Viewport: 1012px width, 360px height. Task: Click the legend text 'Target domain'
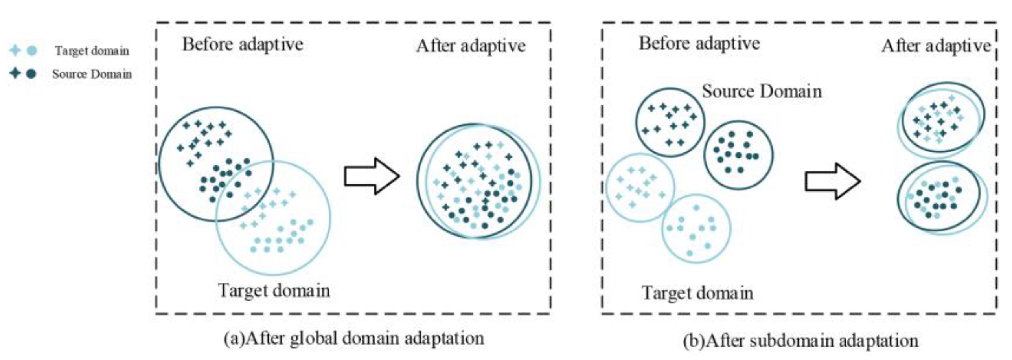click(x=92, y=51)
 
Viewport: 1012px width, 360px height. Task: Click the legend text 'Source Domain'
click(x=92, y=74)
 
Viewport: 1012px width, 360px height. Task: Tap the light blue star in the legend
click(x=15, y=50)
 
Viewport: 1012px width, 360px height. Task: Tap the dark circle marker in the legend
click(x=31, y=73)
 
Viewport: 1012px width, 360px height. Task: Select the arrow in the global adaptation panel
click(x=372, y=176)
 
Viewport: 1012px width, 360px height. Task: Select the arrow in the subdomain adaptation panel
click(x=833, y=181)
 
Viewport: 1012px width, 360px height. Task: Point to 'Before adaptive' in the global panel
click(x=243, y=44)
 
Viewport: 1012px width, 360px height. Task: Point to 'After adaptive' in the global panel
click(x=471, y=46)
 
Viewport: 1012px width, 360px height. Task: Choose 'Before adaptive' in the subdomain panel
click(x=699, y=43)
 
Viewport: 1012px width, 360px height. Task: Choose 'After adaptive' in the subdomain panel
click(x=936, y=46)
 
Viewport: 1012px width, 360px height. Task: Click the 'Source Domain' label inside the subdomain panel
click(x=762, y=92)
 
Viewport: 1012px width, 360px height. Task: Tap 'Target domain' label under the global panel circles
click(x=274, y=291)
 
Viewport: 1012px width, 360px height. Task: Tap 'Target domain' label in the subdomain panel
click(x=697, y=293)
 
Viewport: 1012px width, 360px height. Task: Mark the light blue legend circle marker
click(x=32, y=50)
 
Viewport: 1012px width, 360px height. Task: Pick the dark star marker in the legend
click(x=15, y=73)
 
